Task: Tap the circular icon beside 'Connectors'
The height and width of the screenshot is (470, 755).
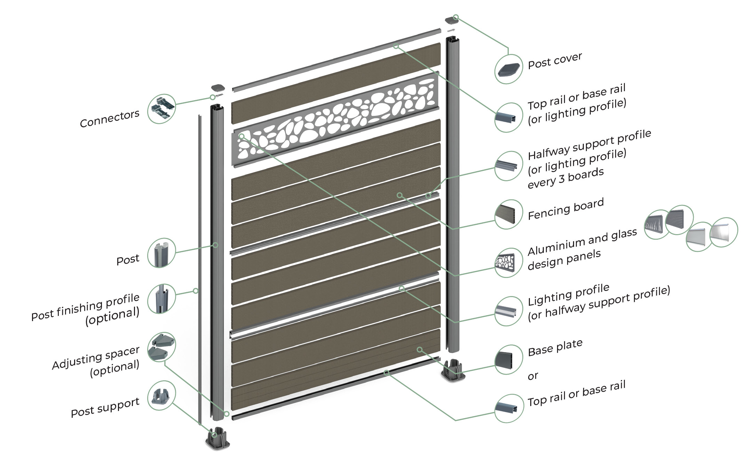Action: point(161,109)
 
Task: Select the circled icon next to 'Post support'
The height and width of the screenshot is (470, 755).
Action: point(161,396)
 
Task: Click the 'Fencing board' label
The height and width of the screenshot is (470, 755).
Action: point(565,209)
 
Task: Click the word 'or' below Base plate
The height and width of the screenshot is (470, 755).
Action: point(533,376)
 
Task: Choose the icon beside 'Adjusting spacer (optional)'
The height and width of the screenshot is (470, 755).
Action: point(161,347)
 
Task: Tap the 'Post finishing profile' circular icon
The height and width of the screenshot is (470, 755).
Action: point(161,298)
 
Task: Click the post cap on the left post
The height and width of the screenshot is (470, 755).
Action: point(217,87)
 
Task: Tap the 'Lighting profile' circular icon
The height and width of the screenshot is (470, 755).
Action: point(509,311)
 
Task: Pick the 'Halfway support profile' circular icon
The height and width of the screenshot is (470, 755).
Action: point(509,166)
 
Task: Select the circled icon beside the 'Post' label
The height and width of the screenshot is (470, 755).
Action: point(161,253)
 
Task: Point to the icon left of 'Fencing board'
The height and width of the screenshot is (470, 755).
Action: point(509,214)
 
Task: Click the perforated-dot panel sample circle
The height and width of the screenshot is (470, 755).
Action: point(679,220)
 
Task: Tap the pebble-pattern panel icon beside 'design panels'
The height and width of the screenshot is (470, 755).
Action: point(509,263)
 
